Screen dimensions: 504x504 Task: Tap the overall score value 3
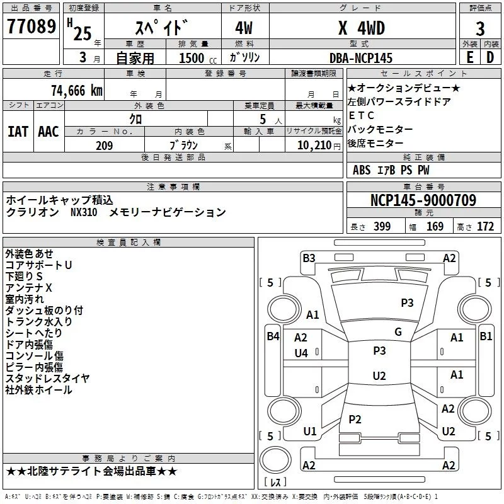(480, 29)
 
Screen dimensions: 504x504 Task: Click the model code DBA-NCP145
(361, 58)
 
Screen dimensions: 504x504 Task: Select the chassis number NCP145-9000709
(423, 200)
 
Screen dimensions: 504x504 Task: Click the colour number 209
(104, 146)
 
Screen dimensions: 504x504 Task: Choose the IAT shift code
(18, 132)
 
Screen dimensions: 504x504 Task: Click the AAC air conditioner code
(49, 132)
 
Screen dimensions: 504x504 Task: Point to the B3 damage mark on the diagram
(309, 258)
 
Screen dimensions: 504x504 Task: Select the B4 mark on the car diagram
(273, 336)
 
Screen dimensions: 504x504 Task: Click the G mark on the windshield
(398, 332)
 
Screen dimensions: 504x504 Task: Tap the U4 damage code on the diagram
(301, 353)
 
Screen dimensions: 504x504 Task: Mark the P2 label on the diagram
(355, 419)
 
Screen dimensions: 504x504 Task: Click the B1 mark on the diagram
(486, 336)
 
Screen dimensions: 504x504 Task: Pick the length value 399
(381, 227)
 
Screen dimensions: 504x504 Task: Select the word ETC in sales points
(361, 115)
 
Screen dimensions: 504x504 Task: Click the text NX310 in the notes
(84, 212)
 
